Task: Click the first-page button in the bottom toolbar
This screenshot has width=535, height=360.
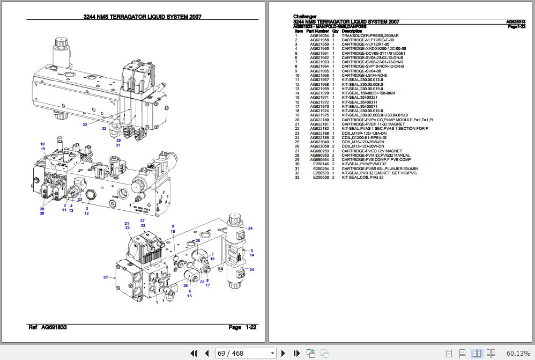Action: (194, 353)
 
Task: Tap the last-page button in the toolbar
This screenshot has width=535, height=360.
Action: (296, 353)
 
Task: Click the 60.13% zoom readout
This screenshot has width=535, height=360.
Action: (517, 353)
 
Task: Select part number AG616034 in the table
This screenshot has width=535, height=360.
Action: (319, 36)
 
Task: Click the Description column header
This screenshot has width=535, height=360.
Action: (352, 31)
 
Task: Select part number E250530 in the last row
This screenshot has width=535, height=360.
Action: (321, 177)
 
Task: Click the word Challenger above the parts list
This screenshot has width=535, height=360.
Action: (304, 17)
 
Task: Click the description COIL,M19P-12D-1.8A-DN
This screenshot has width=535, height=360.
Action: (364, 133)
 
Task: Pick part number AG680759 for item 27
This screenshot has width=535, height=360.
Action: (319, 151)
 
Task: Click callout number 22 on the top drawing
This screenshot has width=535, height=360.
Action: (85, 125)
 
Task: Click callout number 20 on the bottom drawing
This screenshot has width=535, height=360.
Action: (105, 277)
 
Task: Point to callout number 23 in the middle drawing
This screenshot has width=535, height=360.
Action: (79, 200)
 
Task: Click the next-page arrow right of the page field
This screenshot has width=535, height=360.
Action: (284, 353)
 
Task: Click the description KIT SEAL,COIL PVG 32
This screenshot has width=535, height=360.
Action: (362, 177)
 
